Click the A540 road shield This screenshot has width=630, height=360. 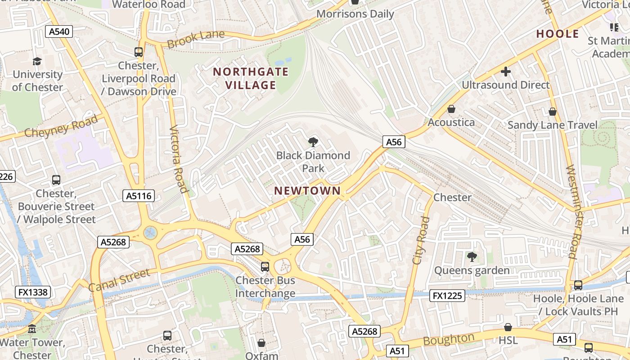click(59, 31)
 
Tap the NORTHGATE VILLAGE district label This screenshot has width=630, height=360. click(251, 78)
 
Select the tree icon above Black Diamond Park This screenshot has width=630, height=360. click(313, 143)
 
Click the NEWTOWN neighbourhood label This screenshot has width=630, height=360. click(308, 191)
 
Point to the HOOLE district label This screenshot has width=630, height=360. click(558, 34)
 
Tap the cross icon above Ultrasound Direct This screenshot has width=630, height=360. click(506, 72)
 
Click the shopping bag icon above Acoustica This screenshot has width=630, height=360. click(451, 109)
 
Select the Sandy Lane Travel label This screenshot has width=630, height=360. click(553, 125)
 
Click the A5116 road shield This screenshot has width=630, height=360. click(139, 196)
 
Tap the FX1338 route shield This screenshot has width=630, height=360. click(33, 292)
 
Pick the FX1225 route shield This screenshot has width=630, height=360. click(447, 296)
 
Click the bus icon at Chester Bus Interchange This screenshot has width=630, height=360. click(265, 267)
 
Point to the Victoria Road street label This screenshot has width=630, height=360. click(178, 159)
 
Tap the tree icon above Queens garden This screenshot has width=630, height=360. click(472, 257)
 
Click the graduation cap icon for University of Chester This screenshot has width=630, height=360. click(37, 62)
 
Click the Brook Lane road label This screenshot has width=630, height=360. click(195, 39)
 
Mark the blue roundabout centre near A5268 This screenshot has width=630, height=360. click(150, 233)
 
